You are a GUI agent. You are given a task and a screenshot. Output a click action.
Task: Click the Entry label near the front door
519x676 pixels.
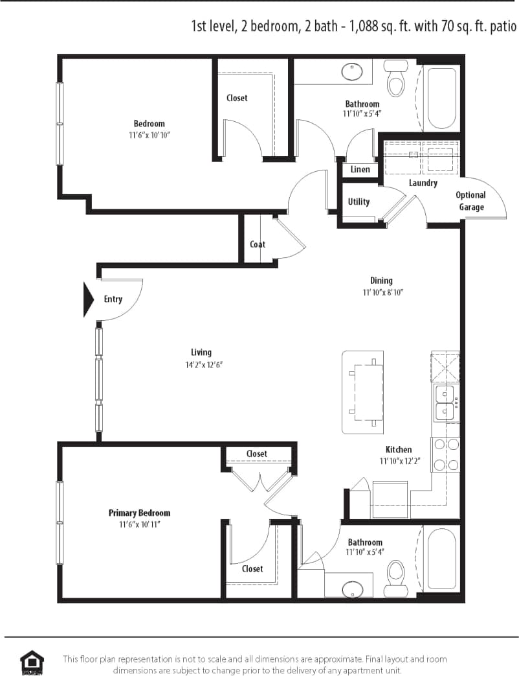(x=113, y=299)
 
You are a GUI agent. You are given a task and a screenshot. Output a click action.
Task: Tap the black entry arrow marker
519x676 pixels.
(x=88, y=299)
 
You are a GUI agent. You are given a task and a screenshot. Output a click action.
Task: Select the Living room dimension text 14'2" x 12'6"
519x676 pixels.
(x=201, y=364)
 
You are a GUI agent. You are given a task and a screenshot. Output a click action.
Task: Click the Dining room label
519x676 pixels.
(x=381, y=281)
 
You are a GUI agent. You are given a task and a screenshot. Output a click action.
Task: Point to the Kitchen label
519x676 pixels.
(x=399, y=449)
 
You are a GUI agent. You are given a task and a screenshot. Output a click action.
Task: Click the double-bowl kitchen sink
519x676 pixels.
(x=444, y=402)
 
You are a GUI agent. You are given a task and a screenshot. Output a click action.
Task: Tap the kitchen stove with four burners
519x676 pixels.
(x=446, y=454)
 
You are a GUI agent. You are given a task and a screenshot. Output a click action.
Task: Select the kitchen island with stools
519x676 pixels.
(x=362, y=392)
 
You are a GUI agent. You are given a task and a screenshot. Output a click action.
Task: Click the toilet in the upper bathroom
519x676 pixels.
(x=394, y=78)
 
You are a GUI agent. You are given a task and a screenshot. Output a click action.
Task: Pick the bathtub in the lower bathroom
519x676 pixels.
(x=441, y=559)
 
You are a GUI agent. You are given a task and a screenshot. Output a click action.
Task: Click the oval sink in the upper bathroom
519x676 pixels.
(x=352, y=71)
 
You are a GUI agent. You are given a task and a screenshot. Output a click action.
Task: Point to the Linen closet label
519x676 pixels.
(x=360, y=169)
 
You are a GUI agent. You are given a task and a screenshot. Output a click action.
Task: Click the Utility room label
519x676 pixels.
(x=359, y=202)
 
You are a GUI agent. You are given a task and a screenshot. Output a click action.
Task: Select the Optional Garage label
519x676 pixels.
(x=470, y=201)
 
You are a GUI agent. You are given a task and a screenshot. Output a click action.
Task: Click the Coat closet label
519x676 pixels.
(x=258, y=244)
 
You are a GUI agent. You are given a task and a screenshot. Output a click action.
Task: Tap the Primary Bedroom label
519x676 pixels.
(x=139, y=513)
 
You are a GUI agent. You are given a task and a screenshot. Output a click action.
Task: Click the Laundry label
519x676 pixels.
(x=423, y=183)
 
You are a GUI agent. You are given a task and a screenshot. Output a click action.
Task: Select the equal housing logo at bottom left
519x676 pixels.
(x=32, y=662)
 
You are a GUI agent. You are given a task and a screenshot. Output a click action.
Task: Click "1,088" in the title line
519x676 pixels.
(x=366, y=27)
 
